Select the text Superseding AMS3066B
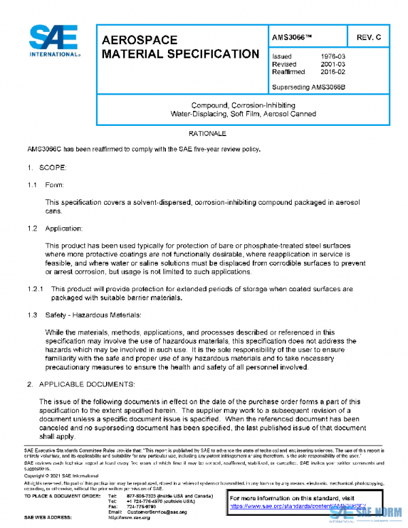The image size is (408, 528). point(309,87)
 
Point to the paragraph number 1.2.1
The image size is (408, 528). point(35,288)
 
